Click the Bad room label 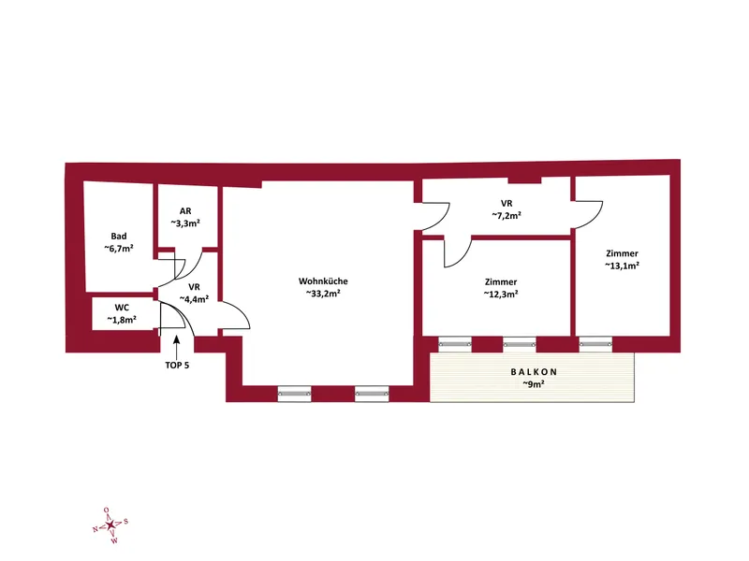pos(119,237)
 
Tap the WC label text pos(122,308)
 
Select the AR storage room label pos(185,211)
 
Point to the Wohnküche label pos(323,281)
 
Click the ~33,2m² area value pos(323,294)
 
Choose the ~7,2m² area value pos(507,216)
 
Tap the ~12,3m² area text pos(501,295)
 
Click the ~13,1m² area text pos(623,266)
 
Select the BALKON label pos(534,371)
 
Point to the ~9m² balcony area pos(534,384)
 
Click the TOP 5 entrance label pos(177,366)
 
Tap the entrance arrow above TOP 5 pos(176,347)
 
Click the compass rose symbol pos(110,525)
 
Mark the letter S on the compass pos(125,522)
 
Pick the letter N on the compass pos(95,529)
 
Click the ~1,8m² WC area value pos(122,320)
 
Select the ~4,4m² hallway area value pos(194,299)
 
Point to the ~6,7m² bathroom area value pos(119,249)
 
